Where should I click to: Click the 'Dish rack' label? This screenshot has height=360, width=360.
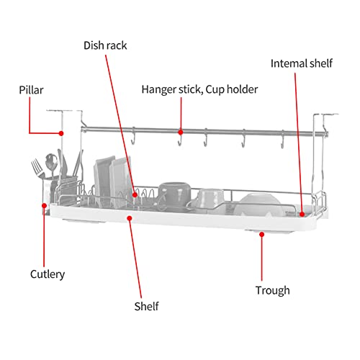click(105, 45)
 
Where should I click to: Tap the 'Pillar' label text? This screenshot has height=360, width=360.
click(31, 90)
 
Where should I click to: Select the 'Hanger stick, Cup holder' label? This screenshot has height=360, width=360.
click(199, 89)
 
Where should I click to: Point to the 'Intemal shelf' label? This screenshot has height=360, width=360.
click(302, 63)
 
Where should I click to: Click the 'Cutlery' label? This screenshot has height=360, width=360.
click(48, 274)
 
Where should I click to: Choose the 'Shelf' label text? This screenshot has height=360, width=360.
click(146, 306)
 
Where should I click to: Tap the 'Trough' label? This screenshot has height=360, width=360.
click(273, 290)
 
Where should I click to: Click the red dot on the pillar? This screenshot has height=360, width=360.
click(61, 133)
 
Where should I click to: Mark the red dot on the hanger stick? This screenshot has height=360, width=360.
click(181, 132)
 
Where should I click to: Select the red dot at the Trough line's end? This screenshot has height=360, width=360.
click(262, 234)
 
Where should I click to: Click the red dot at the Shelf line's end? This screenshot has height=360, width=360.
click(130, 218)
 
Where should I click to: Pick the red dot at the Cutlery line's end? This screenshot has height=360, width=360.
click(44, 205)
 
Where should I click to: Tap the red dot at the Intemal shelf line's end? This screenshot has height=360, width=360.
click(302, 214)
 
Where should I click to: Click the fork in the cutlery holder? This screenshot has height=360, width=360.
click(37, 168)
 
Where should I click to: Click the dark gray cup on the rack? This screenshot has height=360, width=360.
click(175, 194)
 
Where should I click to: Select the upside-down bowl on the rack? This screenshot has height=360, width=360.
click(258, 204)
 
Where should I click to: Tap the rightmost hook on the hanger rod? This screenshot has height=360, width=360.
click(283, 140)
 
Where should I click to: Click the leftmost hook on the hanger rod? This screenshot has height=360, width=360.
click(133, 136)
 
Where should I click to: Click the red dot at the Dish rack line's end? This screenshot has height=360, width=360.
click(135, 195)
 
